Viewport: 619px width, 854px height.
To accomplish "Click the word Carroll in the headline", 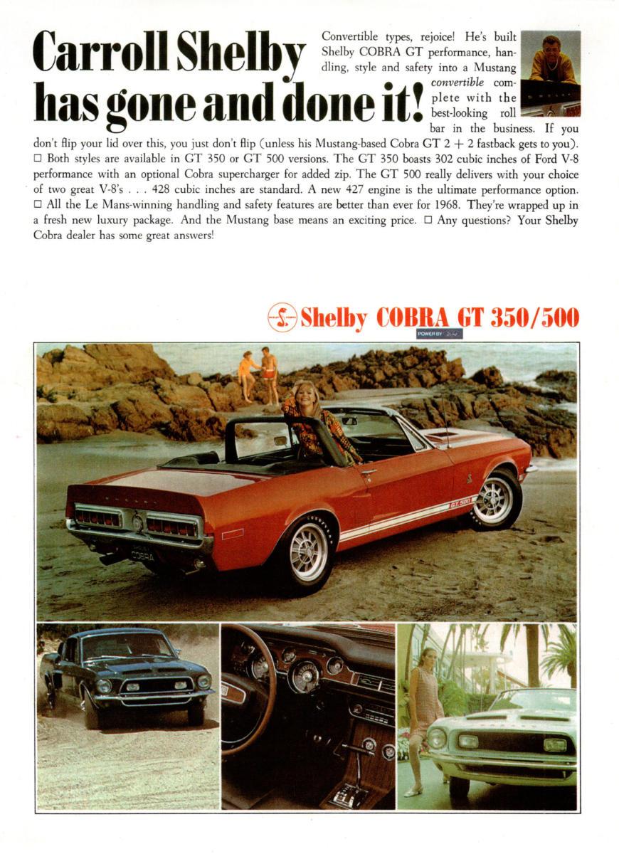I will coord(100,51).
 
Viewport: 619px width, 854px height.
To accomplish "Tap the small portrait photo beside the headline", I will coord(550,73).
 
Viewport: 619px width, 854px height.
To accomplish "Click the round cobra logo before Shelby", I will coord(282,317).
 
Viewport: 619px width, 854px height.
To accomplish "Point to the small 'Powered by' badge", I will coord(439,333).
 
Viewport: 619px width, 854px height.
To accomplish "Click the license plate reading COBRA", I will coord(142,554).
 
